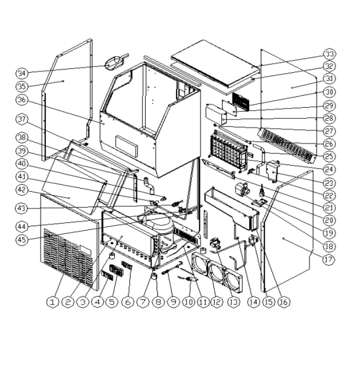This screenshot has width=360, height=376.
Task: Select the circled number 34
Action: [22, 73]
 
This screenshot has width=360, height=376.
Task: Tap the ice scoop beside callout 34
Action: [115, 62]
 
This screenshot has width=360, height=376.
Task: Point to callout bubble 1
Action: [52, 303]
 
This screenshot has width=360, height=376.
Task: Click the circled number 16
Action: [283, 302]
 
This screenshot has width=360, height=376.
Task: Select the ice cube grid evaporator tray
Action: [227, 148]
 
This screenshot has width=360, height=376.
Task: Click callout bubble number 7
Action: [142, 302]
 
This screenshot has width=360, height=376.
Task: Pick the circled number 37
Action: [22, 119]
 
